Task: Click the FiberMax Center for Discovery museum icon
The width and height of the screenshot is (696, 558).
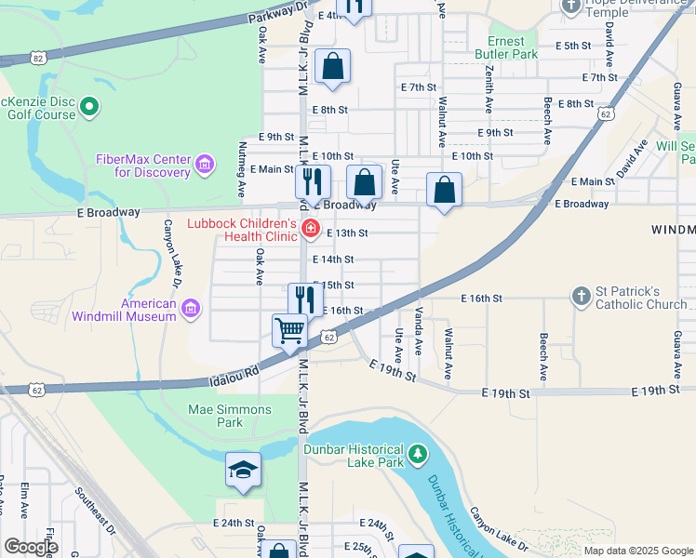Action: [x=206, y=166]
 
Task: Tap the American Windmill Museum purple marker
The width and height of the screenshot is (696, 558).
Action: [x=191, y=309]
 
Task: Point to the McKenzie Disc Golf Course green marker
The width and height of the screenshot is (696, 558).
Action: [x=90, y=108]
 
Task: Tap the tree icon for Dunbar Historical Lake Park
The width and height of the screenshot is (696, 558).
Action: [x=420, y=454]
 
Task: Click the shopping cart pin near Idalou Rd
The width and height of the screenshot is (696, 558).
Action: [x=290, y=330]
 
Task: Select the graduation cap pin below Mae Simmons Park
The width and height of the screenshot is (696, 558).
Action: [x=243, y=469]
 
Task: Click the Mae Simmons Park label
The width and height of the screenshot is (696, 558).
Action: [x=230, y=416]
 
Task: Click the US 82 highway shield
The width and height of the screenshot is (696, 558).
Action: [x=36, y=58]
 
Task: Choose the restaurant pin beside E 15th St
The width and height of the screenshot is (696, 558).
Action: [x=305, y=299]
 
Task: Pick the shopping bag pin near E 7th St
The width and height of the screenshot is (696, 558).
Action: [x=332, y=67]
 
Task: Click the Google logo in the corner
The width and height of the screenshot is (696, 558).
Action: [x=31, y=547]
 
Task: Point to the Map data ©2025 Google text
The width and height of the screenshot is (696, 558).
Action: [x=638, y=551]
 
